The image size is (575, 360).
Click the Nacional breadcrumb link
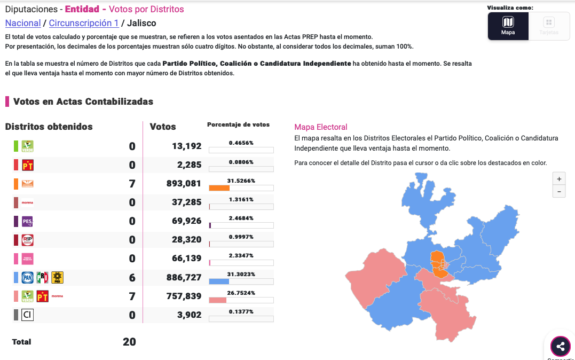coord(22,23)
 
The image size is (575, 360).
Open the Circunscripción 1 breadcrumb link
coord(84,23)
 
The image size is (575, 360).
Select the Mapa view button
coord(508,26)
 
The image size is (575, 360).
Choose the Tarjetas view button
coord(549,26)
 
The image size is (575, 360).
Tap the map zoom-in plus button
coord(559,179)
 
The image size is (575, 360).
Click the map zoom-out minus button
coord(559,191)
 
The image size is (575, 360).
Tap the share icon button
coord(560,347)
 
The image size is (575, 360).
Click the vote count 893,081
coord(184,184)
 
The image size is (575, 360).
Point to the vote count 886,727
coord(184,277)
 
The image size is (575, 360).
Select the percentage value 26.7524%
coord(241,293)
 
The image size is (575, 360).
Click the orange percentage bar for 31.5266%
coord(219,188)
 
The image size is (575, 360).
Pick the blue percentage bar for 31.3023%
coord(219,281)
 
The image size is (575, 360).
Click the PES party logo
coord(27,221)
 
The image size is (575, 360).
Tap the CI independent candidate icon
coord(27,315)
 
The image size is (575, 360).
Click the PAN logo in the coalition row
coord(27,277)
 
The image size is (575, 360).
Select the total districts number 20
coord(129,342)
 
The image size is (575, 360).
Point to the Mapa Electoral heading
coord(320,127)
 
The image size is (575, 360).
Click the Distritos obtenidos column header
coord(49,127)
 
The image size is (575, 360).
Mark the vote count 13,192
coord(186,146)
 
